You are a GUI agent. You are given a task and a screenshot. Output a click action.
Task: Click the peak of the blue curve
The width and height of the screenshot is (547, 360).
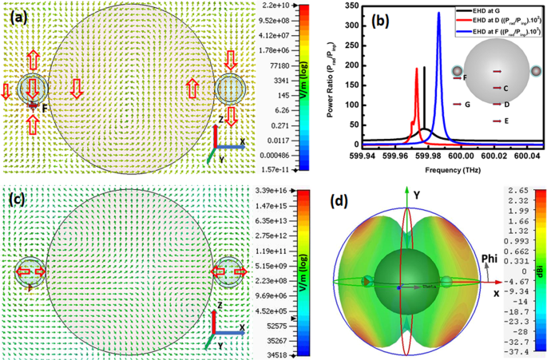pyautogui.click(x=438, y=14)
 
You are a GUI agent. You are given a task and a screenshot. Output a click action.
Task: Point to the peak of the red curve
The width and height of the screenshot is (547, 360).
pyautogui.click(x=416, y=69)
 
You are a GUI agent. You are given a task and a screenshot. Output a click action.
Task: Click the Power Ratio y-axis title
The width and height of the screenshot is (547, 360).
pyautogui.click(x=334, y=76)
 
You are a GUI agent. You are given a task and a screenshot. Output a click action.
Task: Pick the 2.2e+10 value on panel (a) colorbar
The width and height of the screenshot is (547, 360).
pyautogui.click(x=285, y=6)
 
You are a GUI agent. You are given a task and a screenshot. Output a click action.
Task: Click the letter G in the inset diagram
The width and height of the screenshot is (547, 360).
pyautogui.click(x=466, y=105)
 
